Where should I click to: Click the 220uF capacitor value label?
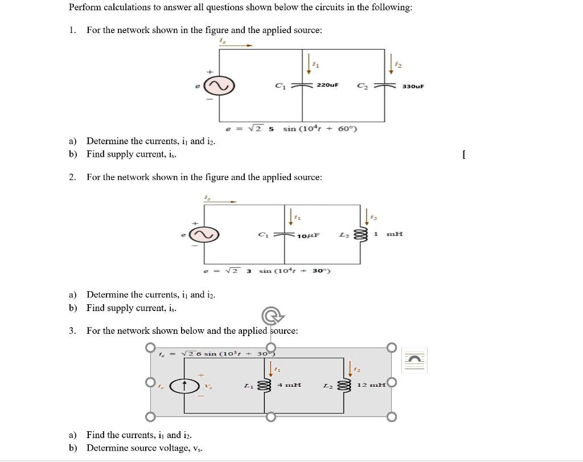tap(327, 85)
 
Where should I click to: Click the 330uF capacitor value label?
tap(413, 87)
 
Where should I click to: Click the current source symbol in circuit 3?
tap(184, 386)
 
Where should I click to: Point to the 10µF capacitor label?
tap(308, 235)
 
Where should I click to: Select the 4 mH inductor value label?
tap(289, 386)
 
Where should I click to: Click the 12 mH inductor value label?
tap(371, 386)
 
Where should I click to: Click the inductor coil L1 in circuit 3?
tap(263, 386)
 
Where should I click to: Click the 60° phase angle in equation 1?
tap(346, 129)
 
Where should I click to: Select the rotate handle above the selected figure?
tap(270, 316)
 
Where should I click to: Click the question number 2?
tap(72, 177)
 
